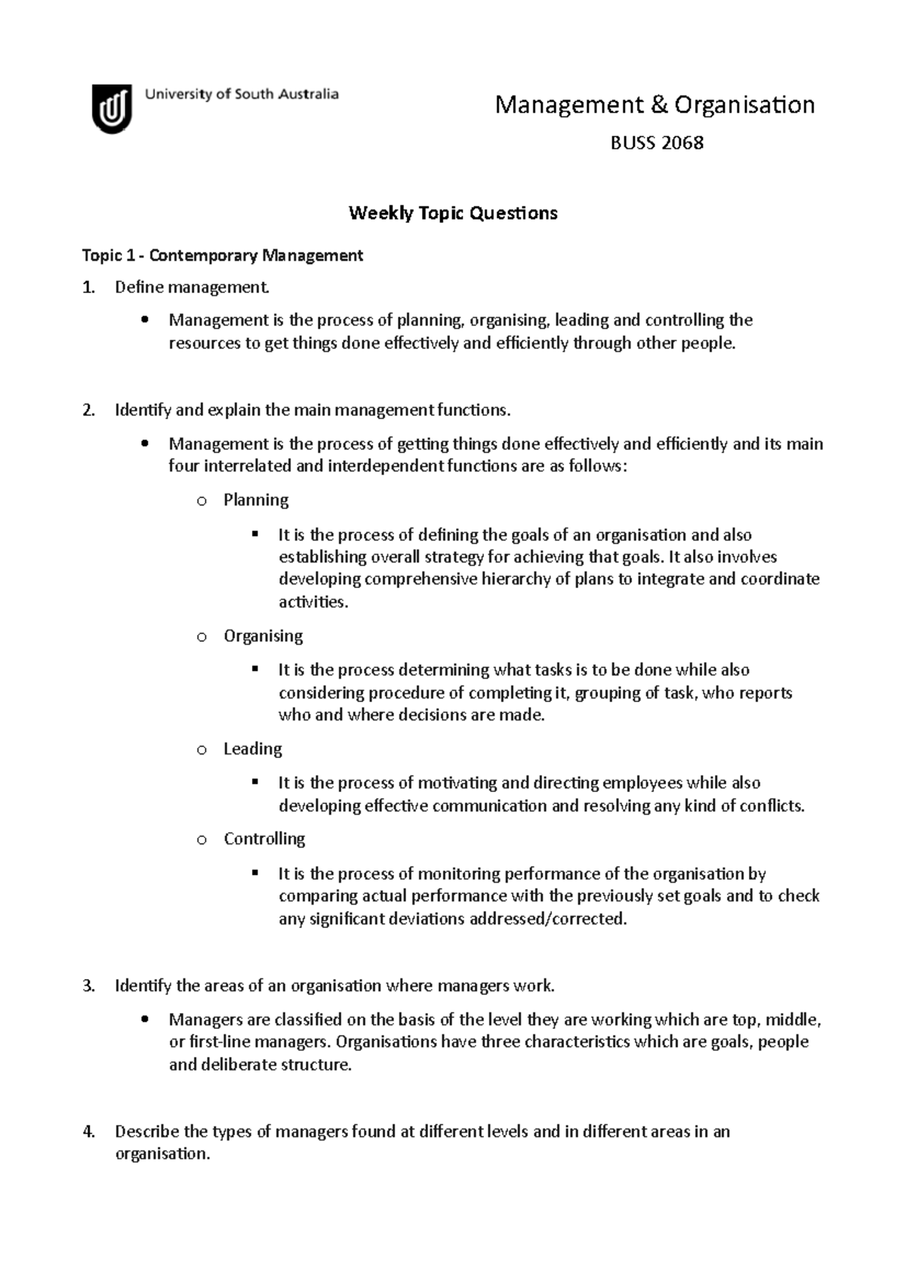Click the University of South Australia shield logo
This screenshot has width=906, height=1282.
112,109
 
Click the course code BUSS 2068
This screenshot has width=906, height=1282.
656,143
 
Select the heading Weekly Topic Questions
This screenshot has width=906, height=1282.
452,214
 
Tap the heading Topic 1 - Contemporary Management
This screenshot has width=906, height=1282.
222,256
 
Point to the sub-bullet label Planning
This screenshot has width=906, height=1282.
256,500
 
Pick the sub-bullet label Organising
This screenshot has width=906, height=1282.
263,636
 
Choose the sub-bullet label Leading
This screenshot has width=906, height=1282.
252,749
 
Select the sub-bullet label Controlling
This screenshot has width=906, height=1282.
264,839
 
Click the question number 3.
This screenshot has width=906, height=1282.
88,986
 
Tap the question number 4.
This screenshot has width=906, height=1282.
88,1132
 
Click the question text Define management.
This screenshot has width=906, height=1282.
191,288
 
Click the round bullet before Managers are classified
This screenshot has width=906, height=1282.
145,1021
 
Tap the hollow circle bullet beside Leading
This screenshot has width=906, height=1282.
201,750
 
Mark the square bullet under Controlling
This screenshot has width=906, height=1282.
255,874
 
